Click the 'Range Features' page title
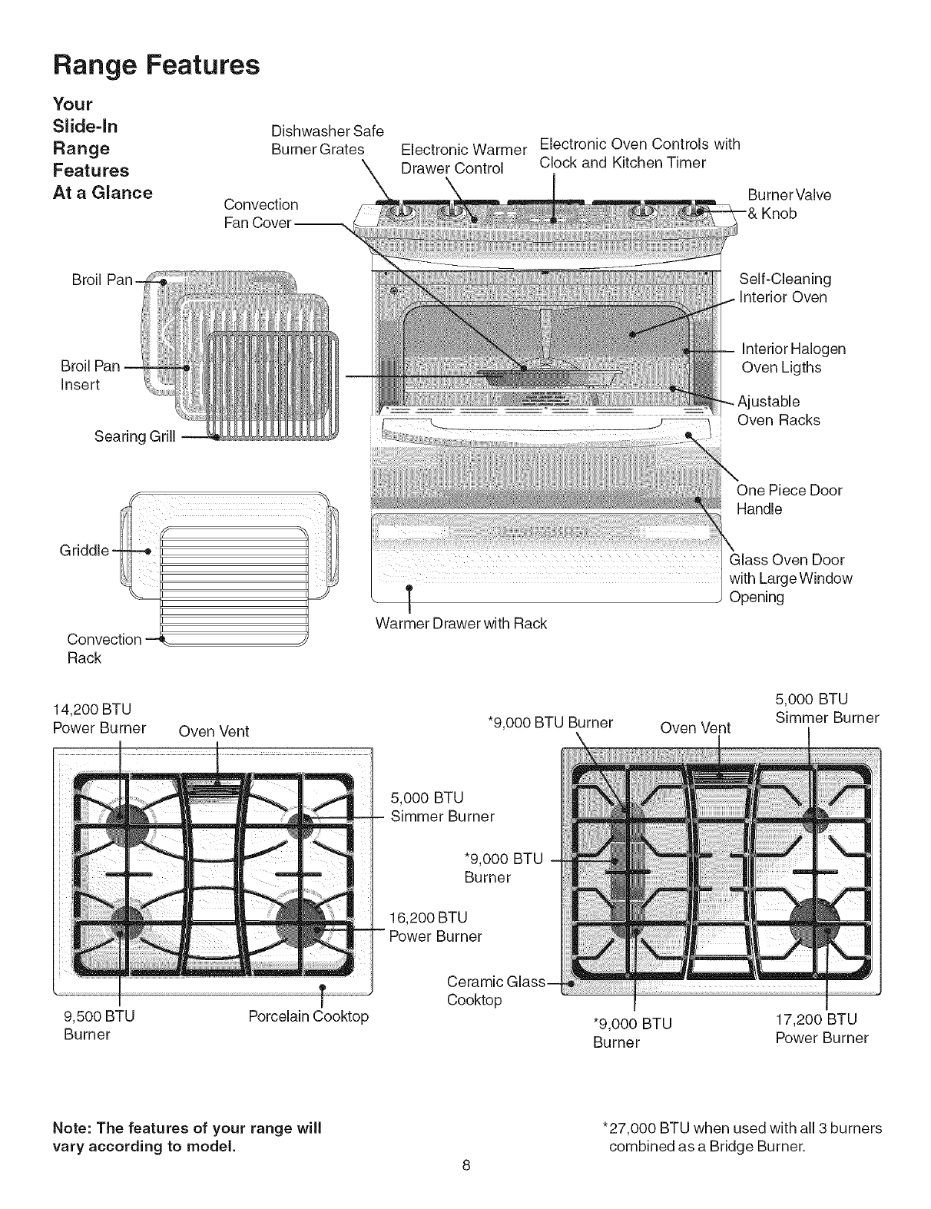tap(156, 65)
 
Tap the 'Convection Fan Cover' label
tap(260, 214)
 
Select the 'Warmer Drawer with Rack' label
tap(461, 624)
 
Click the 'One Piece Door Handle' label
tap(789, 499)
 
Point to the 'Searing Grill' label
tap(134, 437)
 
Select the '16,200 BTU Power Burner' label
tap(436, 926)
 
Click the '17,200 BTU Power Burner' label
tap(821, 1029)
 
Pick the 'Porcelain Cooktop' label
tap(309, 1016)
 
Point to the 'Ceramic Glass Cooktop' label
tap(495, 991)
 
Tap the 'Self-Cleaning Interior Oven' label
tap(784, 287)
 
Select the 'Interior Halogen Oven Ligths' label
tap(793, 358)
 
